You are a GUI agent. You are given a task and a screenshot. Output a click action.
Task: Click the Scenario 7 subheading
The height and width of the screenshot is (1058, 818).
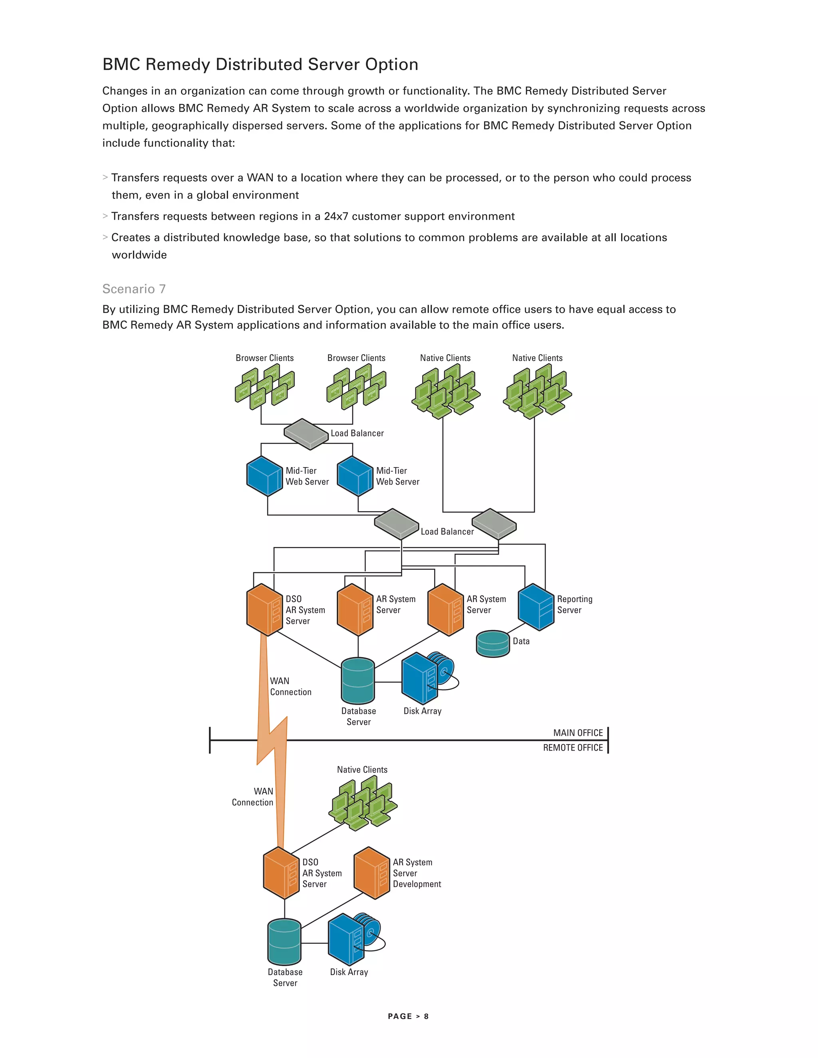[134, 289]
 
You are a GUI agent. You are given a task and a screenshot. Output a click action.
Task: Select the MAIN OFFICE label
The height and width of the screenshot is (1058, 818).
[578, 733]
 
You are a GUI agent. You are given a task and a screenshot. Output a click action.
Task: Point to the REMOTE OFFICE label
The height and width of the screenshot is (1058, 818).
[573, 747]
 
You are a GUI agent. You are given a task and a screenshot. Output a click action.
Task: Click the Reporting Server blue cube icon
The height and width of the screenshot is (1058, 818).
[536, 606]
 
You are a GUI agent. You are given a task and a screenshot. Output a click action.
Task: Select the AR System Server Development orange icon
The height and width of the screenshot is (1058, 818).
[372, 873]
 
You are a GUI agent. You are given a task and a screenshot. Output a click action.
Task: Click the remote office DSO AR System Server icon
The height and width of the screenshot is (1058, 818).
[281, 873]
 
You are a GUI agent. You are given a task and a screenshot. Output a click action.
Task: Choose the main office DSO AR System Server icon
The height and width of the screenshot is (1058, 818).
[264, 609]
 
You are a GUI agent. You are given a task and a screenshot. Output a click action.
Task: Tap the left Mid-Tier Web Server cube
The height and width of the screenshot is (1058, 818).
[264, 476]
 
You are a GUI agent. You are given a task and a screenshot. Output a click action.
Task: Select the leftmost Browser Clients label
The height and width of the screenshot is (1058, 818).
[264, 358]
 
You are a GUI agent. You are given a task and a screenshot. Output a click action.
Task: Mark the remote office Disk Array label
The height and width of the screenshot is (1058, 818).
[349, 972]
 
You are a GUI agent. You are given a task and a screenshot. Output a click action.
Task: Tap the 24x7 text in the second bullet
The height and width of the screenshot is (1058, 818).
[336, 216]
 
